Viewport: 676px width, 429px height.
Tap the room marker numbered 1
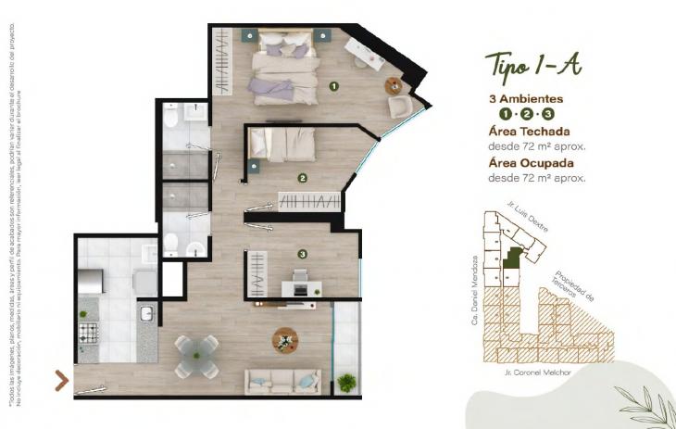(334, 85)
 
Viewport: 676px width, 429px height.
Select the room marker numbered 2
(302, 177)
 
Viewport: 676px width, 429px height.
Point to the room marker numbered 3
(302, 253)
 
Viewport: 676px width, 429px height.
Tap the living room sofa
(282, 379)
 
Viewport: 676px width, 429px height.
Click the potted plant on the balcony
(346, 381)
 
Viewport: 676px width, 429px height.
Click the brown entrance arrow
(62, 380)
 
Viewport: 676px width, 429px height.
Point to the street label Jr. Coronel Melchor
(536, 372)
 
